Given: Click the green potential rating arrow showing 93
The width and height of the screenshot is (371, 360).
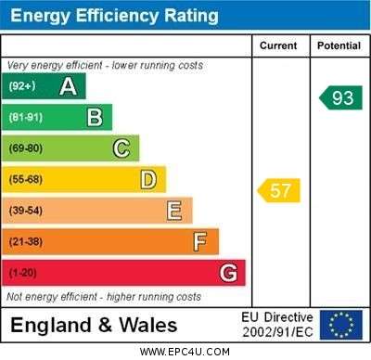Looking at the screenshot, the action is point(340,97).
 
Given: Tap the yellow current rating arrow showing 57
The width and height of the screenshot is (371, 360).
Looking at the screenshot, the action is point(279,190).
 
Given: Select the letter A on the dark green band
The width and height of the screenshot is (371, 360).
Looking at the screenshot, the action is point(69,86).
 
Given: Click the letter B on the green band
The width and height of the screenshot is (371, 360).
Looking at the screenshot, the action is point(95,118).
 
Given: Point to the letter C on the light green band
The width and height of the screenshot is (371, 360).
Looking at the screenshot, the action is point(122,148).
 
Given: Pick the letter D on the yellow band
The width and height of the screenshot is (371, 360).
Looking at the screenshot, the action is point(148,180).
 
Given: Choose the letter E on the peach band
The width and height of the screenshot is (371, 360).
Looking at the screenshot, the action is point(174,211).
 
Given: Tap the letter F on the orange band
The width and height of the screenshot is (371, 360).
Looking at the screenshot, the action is point(199,241).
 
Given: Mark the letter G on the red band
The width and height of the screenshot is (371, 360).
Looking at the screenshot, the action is point(228,273).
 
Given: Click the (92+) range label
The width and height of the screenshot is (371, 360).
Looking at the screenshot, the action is point(22,86).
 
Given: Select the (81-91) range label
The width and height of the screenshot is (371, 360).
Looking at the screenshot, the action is point(26,117).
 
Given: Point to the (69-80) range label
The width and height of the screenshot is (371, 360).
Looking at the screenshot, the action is point(26,148).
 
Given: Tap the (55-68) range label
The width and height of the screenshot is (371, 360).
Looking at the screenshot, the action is point(26,179).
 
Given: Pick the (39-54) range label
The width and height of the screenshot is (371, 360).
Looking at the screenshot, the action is point(26,211).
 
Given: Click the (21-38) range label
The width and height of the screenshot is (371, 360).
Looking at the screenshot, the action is point(26,241).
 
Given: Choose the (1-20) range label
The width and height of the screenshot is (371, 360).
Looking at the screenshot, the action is point(22,273).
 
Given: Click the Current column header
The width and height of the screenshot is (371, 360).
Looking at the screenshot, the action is point(278,45).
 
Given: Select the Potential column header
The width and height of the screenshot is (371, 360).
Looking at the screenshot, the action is point(339,45).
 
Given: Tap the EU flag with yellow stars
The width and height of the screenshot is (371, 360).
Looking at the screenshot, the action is point(341,325).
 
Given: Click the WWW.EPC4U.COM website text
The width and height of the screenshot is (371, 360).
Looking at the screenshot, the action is point(185,352).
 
